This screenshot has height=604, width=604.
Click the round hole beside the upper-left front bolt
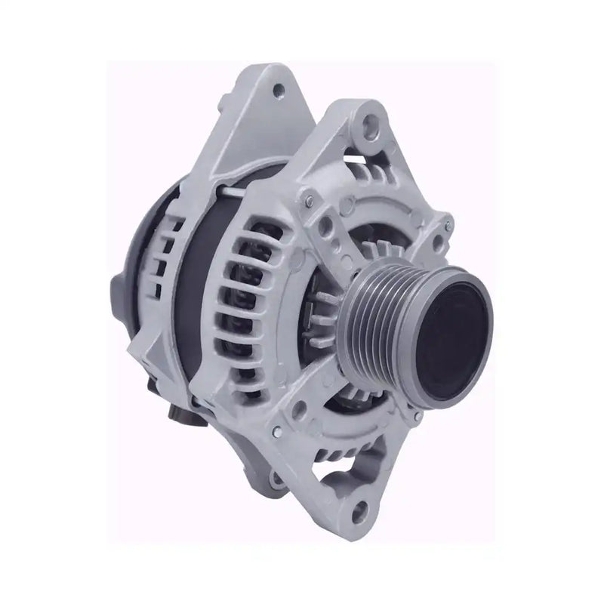(328, 223)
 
